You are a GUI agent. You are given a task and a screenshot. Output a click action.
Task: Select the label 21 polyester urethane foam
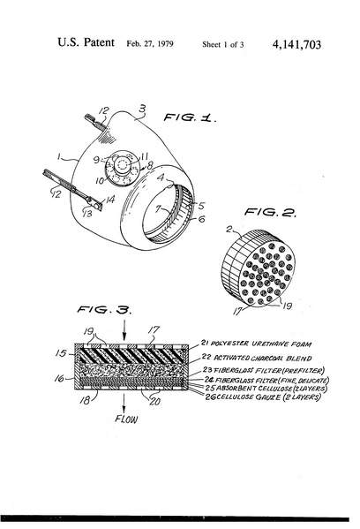[x=269, y=339]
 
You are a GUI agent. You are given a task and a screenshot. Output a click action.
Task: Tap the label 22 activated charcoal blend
[x=269, y=355]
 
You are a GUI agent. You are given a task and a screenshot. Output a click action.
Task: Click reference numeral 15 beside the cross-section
[x=61, y=352]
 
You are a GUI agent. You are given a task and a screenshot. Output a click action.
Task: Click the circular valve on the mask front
[x=116, y=167]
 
